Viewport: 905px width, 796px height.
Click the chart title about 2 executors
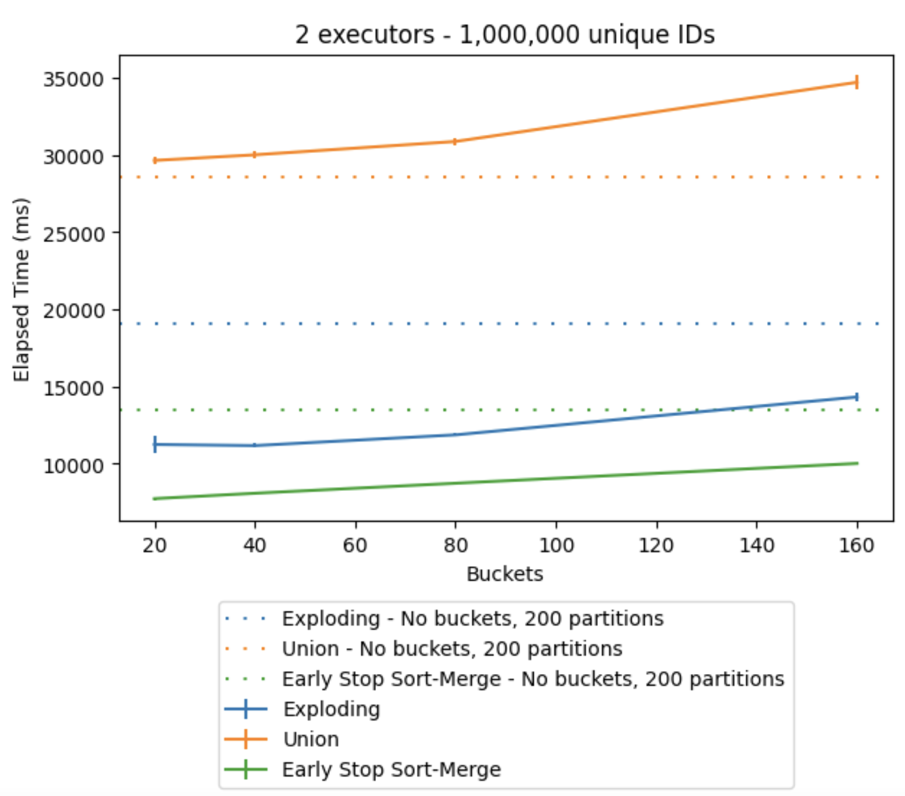point(504,34)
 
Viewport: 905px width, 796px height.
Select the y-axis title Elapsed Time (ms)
point(22,290)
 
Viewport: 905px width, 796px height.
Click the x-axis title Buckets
point(504,574)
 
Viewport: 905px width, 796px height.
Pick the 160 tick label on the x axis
point(857,546)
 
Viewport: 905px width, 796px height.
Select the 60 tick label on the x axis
point(355,546)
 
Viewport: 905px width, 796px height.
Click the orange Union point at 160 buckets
point(857,82)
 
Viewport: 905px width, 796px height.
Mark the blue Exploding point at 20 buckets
point(155,444)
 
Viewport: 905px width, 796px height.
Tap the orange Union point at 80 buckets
point(455,141)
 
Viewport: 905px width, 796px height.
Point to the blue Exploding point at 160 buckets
point(857,397)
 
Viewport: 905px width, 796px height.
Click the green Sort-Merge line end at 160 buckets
point(857,463)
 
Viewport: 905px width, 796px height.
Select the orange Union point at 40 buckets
point(255,155)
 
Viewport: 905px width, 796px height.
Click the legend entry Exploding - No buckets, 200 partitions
point(472,619)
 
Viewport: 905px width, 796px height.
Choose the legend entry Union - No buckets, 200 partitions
point(452,649)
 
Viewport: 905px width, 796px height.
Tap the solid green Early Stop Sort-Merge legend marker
point(246,770)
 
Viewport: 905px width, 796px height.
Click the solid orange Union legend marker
point(246,739)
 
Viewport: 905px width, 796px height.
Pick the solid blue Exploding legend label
point(331,709)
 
